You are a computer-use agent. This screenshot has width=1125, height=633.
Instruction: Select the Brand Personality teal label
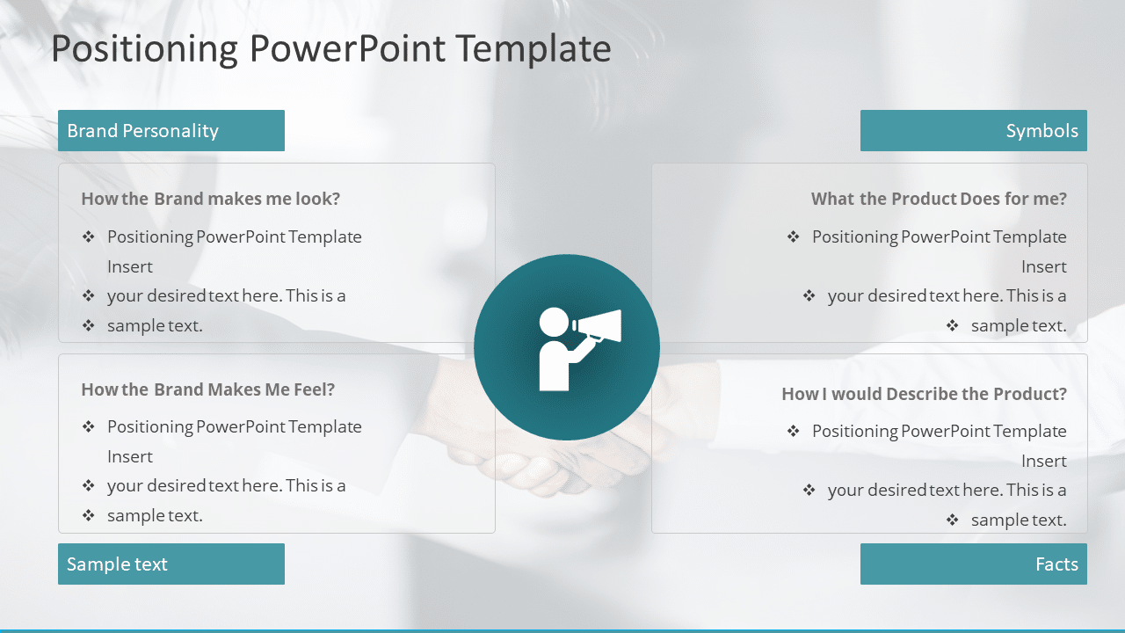click(171, 131)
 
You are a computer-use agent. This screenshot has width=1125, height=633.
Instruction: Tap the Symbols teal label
click(973, 131)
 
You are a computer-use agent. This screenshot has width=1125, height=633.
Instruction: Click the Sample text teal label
click(171, 564)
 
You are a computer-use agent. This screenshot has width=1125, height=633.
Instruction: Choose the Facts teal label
click(973, 564)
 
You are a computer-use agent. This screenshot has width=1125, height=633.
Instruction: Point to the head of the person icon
click(554, 322)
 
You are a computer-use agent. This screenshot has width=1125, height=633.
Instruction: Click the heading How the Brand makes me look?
click(210, 199)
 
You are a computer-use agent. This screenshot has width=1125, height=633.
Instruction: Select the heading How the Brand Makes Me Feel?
click(207, 389)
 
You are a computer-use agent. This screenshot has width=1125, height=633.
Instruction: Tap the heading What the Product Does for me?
click(938, 199)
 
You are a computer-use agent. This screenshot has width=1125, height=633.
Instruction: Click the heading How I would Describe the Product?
click(924, 394)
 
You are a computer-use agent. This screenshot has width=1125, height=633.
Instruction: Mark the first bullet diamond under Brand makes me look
click(88, 236)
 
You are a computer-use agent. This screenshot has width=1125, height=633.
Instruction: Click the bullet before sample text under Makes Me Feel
click(88, 515)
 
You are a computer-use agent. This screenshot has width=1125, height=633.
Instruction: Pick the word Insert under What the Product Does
click(1043, 266)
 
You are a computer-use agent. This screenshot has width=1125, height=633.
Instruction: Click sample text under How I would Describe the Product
click(1018, 520)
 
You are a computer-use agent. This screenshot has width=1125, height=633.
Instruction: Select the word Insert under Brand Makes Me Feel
click(130, 456)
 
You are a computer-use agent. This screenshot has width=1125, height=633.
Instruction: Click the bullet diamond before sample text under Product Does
click(952, 325)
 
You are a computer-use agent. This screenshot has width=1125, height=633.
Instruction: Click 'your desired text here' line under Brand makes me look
click(226, 295)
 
